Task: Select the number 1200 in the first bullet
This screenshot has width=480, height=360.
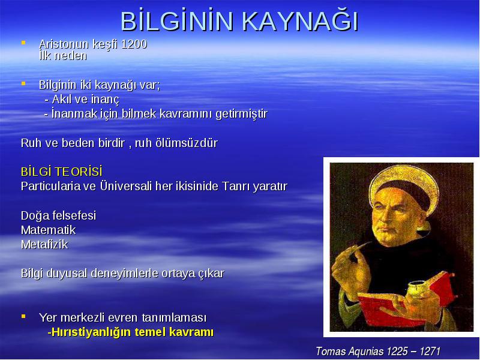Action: click(134, 44)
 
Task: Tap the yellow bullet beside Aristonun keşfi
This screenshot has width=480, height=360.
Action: click(23, 43)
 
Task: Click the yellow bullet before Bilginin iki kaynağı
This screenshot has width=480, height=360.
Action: click(23, 83)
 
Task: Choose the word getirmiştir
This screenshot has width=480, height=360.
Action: click(242, 114)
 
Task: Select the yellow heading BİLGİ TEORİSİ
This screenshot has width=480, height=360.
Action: click(62, 172)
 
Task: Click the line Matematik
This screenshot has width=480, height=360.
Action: click(49, 230)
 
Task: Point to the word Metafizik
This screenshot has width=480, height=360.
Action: click(44, 245)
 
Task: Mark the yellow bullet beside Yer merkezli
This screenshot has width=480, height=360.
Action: click(23, 316)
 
